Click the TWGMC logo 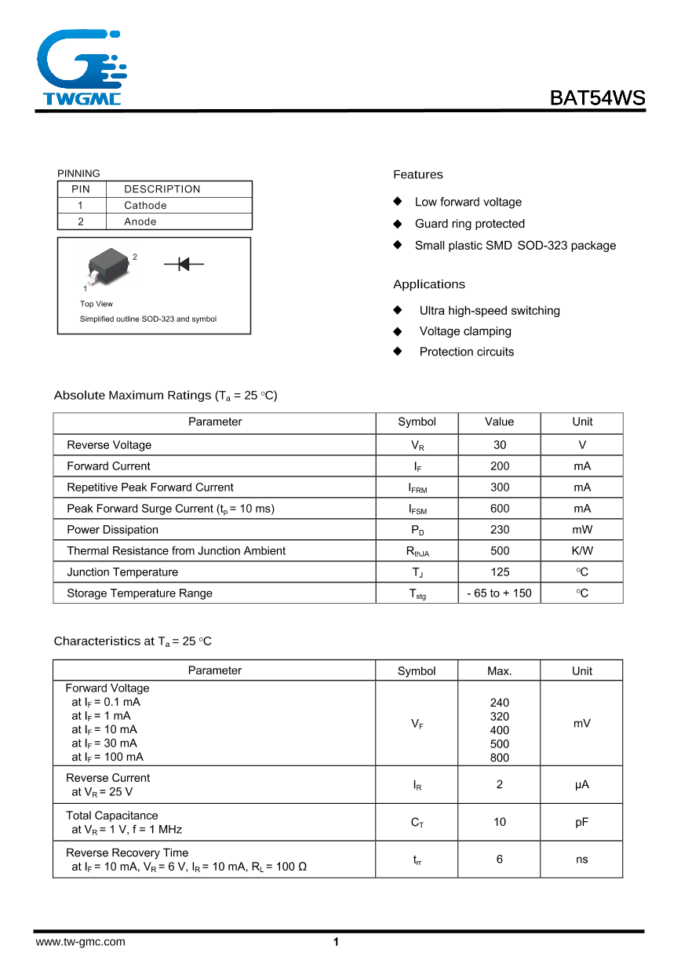[78, 68]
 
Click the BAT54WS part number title [597, 98]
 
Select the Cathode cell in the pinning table [146, 206]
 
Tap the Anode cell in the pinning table [140, 222]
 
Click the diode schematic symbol [184, 265]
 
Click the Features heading [418, 174]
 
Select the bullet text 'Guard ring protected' [469, 224]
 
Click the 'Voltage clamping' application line [465, 331]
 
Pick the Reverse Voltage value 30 [500, 445]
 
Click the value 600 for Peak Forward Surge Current [500, 509]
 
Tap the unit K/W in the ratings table [582, 551]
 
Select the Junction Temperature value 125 [500, 572]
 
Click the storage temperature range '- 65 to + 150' [499, 593]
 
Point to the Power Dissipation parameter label [112, 530]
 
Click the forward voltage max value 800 [500, 758]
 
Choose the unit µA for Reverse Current [581, 784]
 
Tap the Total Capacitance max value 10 [500, 822]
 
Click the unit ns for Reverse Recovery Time [581, 860]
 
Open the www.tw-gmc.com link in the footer [80, 942]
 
